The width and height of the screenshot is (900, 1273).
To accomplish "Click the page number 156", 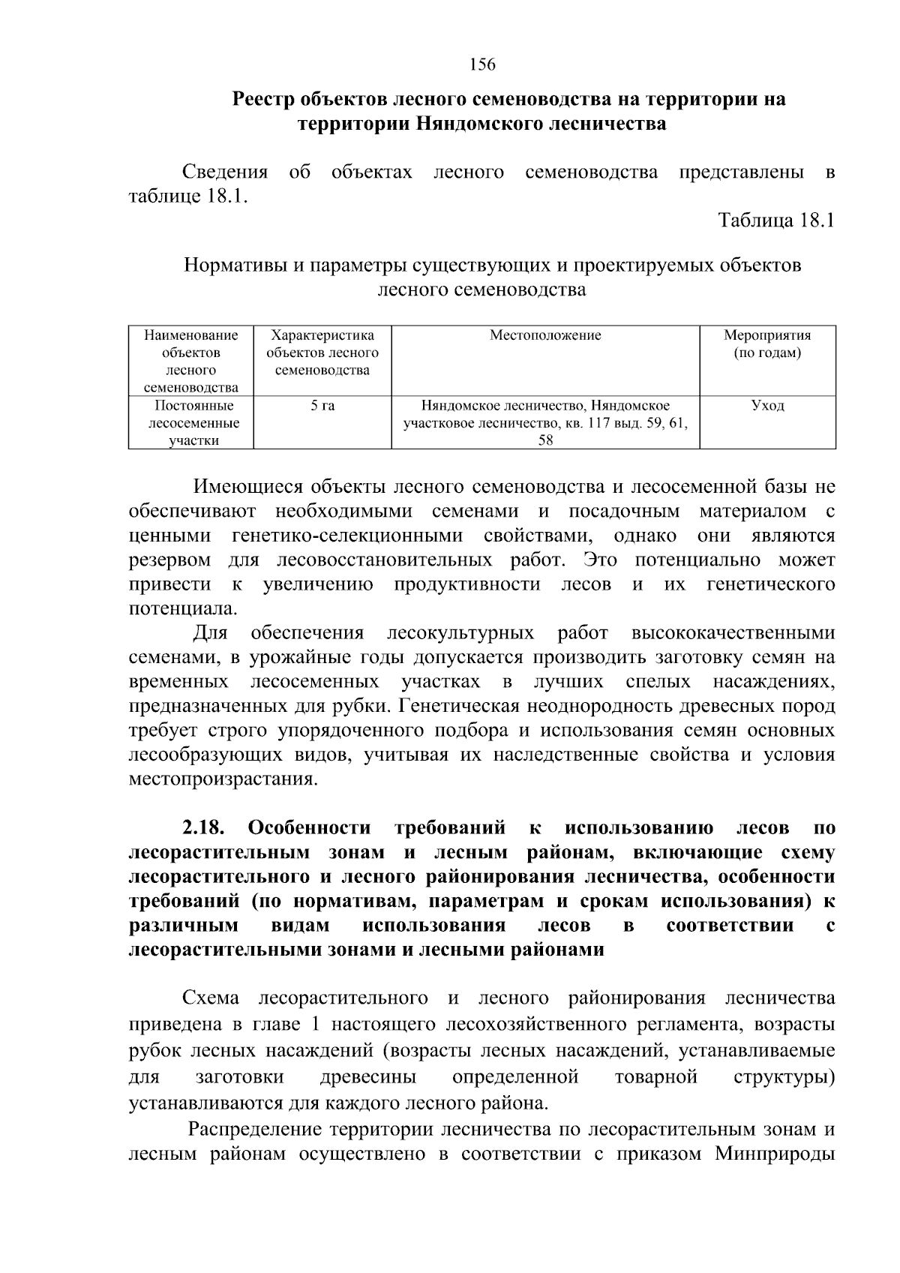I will pos(482,65).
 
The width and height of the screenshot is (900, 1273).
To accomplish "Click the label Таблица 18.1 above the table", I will pos(776,221).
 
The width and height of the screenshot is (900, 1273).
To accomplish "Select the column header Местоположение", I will pos(545,335).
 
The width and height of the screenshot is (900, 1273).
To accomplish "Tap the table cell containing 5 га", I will pos(322,406).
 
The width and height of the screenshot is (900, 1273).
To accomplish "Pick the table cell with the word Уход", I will pos(767,406).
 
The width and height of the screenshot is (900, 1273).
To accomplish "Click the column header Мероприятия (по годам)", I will pos(767,344).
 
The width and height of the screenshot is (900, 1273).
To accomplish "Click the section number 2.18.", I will pos(204,828).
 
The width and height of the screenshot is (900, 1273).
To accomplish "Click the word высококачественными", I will pos(733,634).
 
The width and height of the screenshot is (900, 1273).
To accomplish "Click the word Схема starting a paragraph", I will pos(211,998).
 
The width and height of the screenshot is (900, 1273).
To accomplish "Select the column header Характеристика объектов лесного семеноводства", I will pos(322,353).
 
